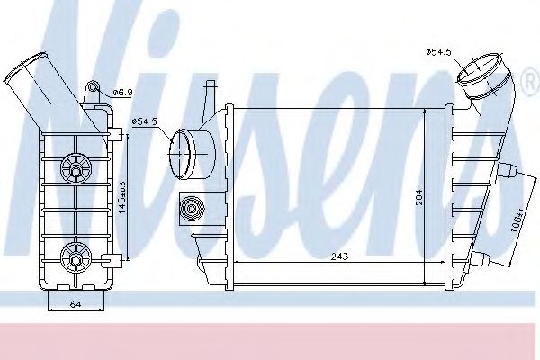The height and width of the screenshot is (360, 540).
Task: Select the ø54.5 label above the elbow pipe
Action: [x=438, y=51]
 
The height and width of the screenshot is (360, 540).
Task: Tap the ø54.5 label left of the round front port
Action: [x=145, y=121]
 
